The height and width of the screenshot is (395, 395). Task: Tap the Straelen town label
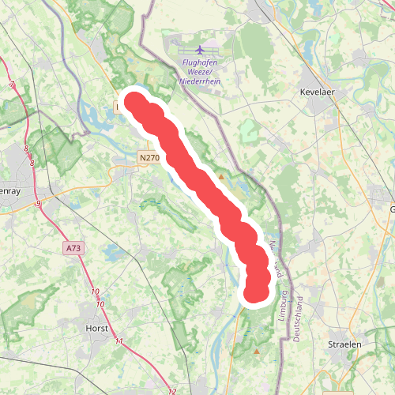click(x=344, y=344)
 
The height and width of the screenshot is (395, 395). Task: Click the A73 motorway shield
click(x=73, y=248)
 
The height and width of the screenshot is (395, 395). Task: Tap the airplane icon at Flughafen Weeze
click(x=198, y=49)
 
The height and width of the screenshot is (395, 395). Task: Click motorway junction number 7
click(x=13, y=85)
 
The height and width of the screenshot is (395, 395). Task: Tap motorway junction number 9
click(x=38, y=205)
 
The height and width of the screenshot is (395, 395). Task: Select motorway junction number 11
click(x=118, y=341)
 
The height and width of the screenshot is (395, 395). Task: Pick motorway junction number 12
click(x=172, y=390)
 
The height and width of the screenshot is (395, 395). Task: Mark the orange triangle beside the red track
click(x=222, y=177)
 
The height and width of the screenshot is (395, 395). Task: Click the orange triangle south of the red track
click(x=256, y=351)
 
